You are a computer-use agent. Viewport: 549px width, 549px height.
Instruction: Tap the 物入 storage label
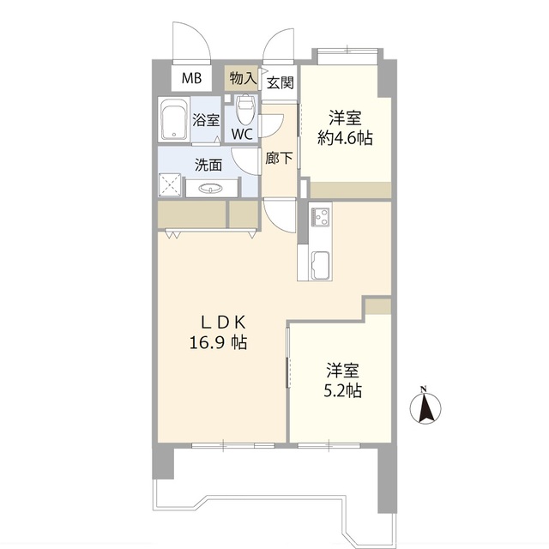pyautogui.click(x=243, y=78)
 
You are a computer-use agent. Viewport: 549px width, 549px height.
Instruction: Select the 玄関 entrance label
pyautogui.click(x=280, y=83)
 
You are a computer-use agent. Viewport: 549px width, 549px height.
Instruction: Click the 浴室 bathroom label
pyautogui.click(x=206, y=120)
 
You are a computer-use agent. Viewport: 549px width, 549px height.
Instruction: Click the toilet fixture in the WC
pyautogui.click(x=245, y=109)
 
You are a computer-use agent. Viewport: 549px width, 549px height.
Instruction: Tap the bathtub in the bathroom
pyautogui.click(x=174, y=119)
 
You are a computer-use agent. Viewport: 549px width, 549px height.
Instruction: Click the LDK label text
pyautogui.click(x=224, y=323)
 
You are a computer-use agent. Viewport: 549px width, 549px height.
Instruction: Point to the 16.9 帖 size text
pyautogui.click(x=220, y=342)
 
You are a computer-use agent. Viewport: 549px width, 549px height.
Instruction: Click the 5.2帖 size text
pyautogui.click(x=342, y=391)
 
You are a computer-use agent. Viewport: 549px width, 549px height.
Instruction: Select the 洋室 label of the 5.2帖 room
pyautogui.click(x=342, y=371)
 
